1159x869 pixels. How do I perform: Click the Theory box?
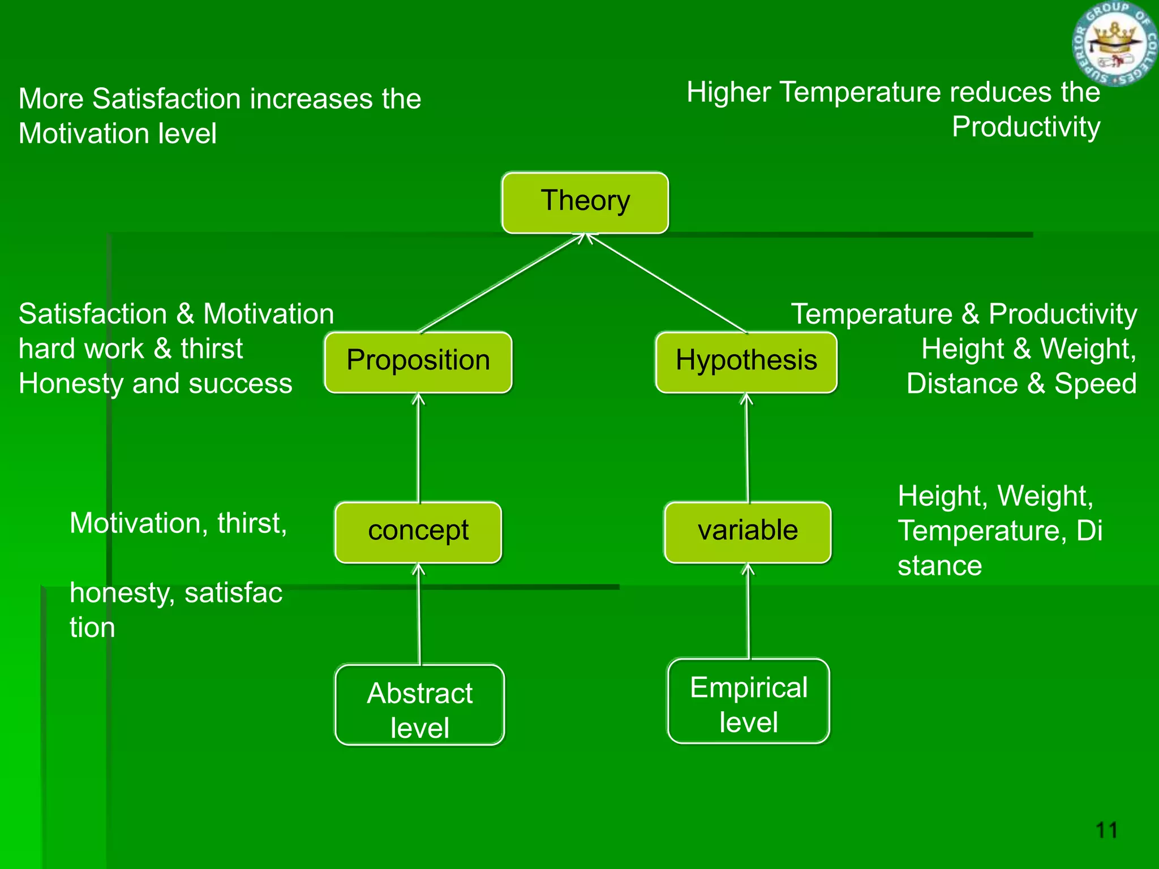tap(585, 203)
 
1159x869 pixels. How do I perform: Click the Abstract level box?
tap(419, 705)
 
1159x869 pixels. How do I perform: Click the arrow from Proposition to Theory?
tap(501, 283)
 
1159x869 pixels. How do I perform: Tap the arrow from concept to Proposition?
tap(418, 447)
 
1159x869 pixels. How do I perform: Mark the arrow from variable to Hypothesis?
tap(747, 447)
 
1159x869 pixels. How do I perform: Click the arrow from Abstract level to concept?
tap(419, 614)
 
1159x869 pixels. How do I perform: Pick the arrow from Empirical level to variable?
tap(748, 611)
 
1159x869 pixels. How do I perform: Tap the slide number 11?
tap(1106, 831)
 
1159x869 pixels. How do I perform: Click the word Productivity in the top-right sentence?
tap(1025, 127)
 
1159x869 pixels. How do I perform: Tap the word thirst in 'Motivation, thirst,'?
tap(252, 523)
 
